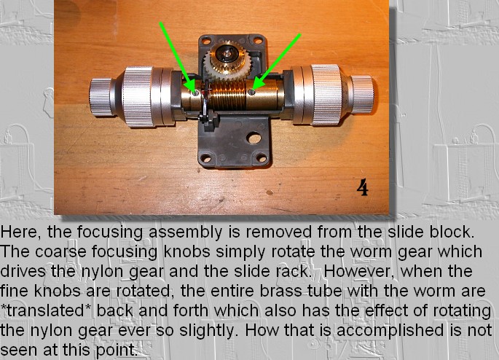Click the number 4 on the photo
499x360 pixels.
point(362,187)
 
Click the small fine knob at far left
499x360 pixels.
point(101,97)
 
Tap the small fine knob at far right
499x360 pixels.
point(362,95)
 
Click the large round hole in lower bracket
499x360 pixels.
point(254,138)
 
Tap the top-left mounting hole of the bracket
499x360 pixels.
point(206,41)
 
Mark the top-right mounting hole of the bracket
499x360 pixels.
point(258,40)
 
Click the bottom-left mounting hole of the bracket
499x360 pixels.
point(206,158)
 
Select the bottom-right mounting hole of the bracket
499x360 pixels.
point(262,157)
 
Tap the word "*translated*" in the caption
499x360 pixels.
point(46,310)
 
